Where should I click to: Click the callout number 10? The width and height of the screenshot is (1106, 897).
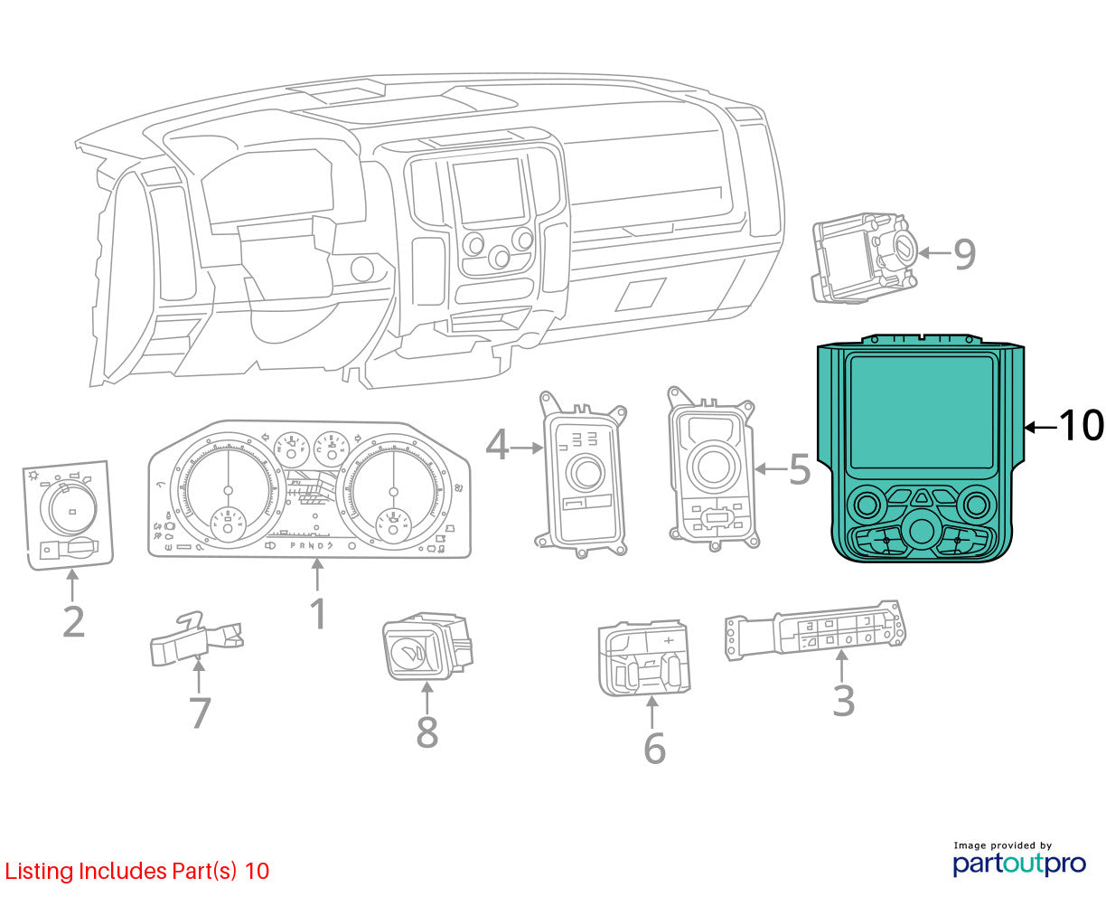(x=1081, y=425)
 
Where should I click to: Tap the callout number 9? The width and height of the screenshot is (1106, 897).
(x=964, y=254)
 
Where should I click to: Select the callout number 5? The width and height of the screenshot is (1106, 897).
(x=801, y=468)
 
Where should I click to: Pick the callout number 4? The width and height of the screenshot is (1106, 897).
(x=497, y=445)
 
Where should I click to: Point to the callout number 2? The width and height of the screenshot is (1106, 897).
(x=74, y=621)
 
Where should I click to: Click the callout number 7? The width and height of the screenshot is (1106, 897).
(x=200, y=713)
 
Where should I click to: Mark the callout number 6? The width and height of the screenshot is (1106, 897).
(x=655, y=748)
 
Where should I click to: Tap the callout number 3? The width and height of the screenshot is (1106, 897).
(x=844, y=701)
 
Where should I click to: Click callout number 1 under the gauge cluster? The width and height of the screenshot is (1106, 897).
(x=318, y=614)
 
